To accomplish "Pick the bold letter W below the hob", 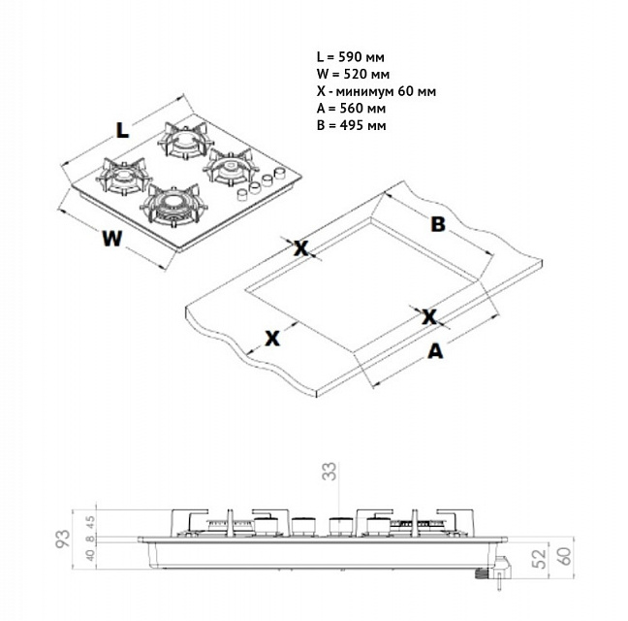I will click(x=113, y=239).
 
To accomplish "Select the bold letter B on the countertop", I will click(x=437, y=224).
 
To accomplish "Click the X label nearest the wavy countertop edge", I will click(x=272, y=338).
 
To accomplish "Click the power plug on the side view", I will click(x=487, y=573).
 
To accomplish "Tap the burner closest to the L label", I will click(x=185, y=143).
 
